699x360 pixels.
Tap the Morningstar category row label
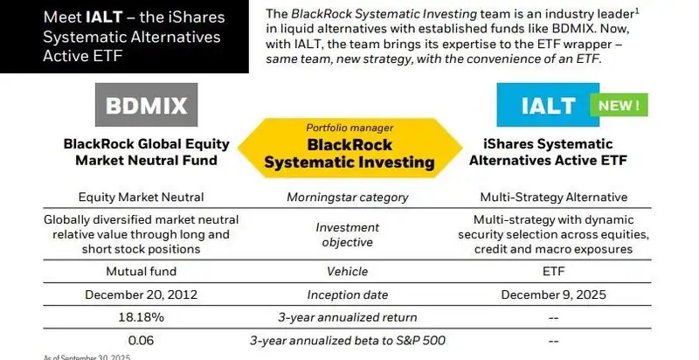coord(349,197)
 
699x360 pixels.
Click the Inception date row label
coord(349,294)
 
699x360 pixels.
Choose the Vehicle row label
coord(349,272)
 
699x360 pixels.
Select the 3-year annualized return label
coord(349,317)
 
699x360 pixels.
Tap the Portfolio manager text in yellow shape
coord(349,128)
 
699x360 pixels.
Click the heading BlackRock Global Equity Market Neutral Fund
coord(141,153)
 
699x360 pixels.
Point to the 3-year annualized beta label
coord(349,340)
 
